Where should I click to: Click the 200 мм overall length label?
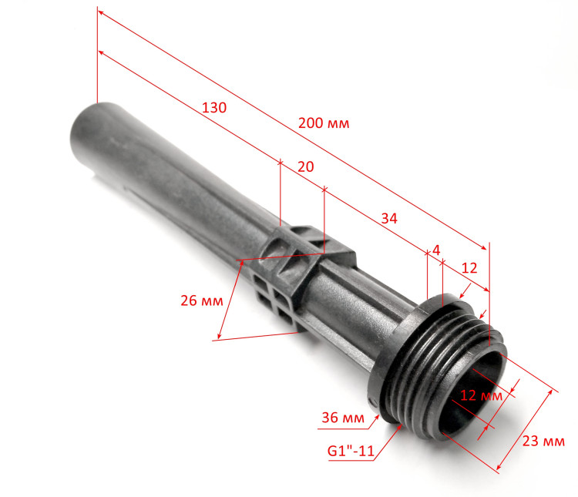click(324, 123)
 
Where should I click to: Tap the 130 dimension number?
click(214, 107)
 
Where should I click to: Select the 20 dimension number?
click(306, 166)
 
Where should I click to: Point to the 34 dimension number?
click(389, 218)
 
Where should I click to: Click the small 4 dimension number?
click(436, 250)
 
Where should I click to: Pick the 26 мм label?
click(202, 301)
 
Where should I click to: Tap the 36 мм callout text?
click(343, 418)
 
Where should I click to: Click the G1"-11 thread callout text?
click(351, 451)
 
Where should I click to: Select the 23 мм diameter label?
click(543, 441)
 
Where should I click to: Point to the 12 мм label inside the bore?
click(481, 395)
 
